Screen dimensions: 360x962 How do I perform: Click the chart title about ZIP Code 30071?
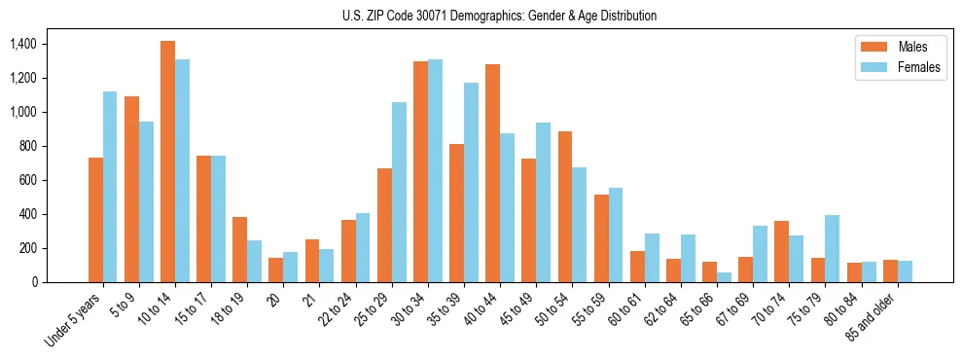click(x=499, y=16)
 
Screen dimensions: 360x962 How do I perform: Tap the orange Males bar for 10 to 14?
click(x=167, y=162)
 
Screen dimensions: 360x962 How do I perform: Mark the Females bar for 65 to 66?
click(x=724, y=277)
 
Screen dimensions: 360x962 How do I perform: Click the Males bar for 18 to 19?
click(x=239, y=249)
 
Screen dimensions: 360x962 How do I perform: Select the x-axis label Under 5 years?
click(x=76, y=320)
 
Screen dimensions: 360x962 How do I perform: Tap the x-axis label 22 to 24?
click(x=340, y=310)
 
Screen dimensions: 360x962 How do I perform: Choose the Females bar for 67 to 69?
click(x=760, y=254)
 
